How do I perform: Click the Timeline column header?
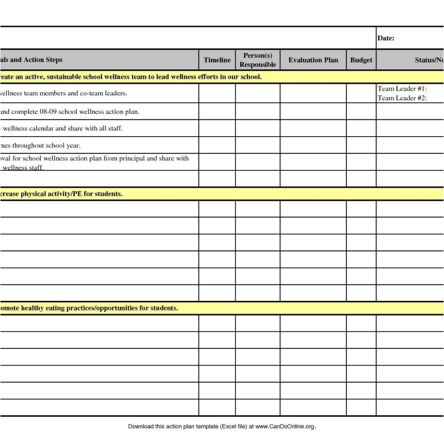(217, 60)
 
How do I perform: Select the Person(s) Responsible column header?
(258, 60)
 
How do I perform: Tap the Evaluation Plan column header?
(313, 60)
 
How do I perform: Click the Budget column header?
(361, 60)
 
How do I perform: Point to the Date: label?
(385, 38)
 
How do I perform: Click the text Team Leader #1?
(402, 89)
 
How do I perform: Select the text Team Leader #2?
(402, 98)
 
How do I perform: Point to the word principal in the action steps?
(132, 158)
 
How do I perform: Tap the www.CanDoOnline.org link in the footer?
(284, 427)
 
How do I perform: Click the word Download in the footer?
(140, 427)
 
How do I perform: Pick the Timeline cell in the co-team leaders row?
(217, 93)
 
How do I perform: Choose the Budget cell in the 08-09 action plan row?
(361, 111)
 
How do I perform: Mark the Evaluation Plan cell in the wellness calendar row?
(313, 128)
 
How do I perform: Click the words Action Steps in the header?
(43, 60)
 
